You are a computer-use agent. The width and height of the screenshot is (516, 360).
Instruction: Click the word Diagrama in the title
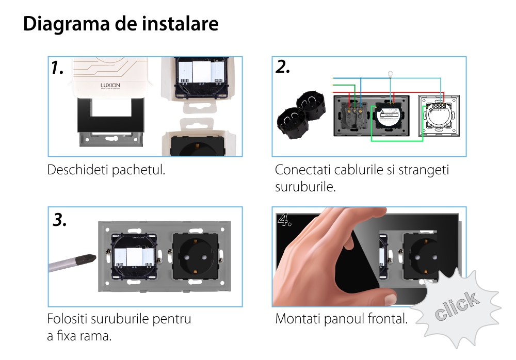click(x=67, y=24)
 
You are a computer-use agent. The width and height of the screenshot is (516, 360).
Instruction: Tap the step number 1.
click(x=57, y=68)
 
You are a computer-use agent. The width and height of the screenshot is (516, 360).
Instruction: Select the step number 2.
click(x=283, y=67)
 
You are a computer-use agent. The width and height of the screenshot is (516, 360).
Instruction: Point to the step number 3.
click(x=59, y=220)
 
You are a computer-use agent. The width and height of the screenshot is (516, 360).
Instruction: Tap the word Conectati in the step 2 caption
click(x=302, y=170)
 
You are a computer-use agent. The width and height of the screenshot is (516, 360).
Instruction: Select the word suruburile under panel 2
click(x=305, y=187)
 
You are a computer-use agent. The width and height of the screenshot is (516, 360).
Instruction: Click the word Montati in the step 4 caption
click(x=298, y=319)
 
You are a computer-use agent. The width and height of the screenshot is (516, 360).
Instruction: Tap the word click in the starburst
click(x=457, y=306)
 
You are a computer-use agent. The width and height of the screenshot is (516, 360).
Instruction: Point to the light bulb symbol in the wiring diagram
click(x=390, y=74)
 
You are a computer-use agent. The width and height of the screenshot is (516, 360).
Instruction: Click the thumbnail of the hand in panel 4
click(x=391, y=299)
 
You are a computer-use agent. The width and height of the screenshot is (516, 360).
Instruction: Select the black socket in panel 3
click(x=196, y=256)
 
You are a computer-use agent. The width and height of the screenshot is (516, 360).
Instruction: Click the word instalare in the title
click(x=180, y=24)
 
